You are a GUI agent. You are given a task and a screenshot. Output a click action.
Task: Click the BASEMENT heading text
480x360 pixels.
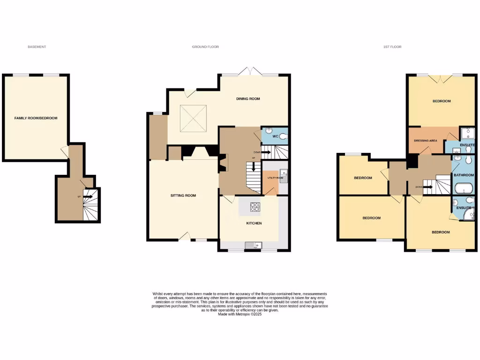pos(37,47)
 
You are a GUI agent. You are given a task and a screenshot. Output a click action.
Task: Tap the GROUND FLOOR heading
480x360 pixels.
pos(205,47)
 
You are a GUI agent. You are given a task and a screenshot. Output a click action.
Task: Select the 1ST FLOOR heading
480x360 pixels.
pos(392,47)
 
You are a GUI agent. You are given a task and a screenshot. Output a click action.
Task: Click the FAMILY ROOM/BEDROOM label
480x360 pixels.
pos(36,118)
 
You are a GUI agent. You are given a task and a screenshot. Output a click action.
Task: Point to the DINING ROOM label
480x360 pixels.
pos(248,99)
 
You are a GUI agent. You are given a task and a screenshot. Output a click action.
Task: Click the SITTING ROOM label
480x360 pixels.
pos(183,195)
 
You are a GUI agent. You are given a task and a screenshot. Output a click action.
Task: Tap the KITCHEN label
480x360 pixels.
pos(254,223)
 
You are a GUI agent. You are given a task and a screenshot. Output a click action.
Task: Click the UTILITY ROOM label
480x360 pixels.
pos(275,178)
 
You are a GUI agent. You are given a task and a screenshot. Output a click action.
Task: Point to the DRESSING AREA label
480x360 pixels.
pos(426,141)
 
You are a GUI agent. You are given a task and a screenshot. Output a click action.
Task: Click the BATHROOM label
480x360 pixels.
pos(464,175)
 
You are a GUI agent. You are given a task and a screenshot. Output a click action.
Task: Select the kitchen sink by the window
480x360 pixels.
pos(254,245)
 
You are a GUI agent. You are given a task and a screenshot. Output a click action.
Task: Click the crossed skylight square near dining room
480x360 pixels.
pos(193,118)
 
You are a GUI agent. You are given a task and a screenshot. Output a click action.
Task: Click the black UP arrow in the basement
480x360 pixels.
pos(88,197)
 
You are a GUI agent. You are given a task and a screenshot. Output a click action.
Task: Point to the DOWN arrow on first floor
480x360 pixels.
pos(427,187)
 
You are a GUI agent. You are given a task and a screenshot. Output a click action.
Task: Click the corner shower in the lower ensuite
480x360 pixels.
pos(468,214)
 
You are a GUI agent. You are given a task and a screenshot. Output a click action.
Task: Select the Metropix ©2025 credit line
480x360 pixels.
pos(240,315)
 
